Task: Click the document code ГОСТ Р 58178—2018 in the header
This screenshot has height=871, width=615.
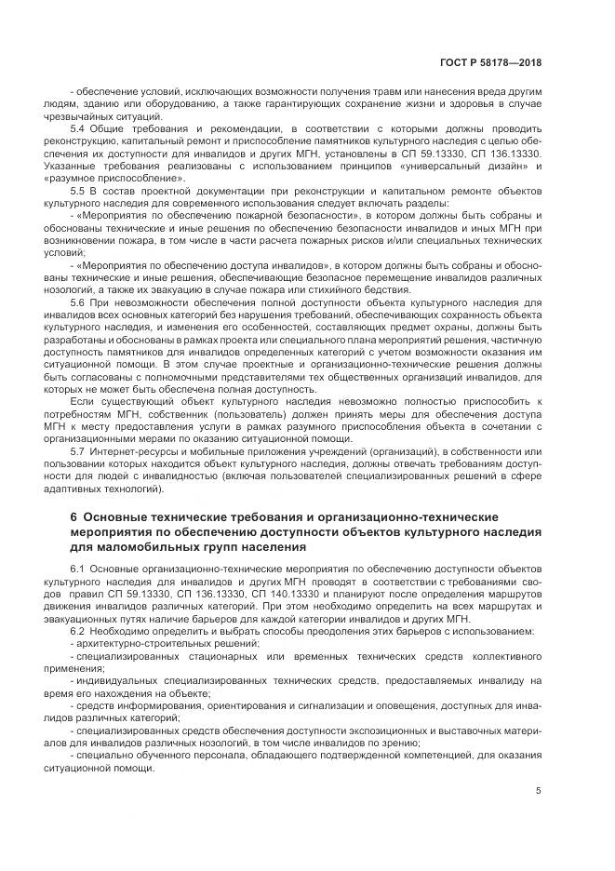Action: point(491,63)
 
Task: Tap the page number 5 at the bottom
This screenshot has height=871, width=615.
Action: point(539,792)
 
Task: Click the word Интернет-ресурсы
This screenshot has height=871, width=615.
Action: point(133,449)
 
